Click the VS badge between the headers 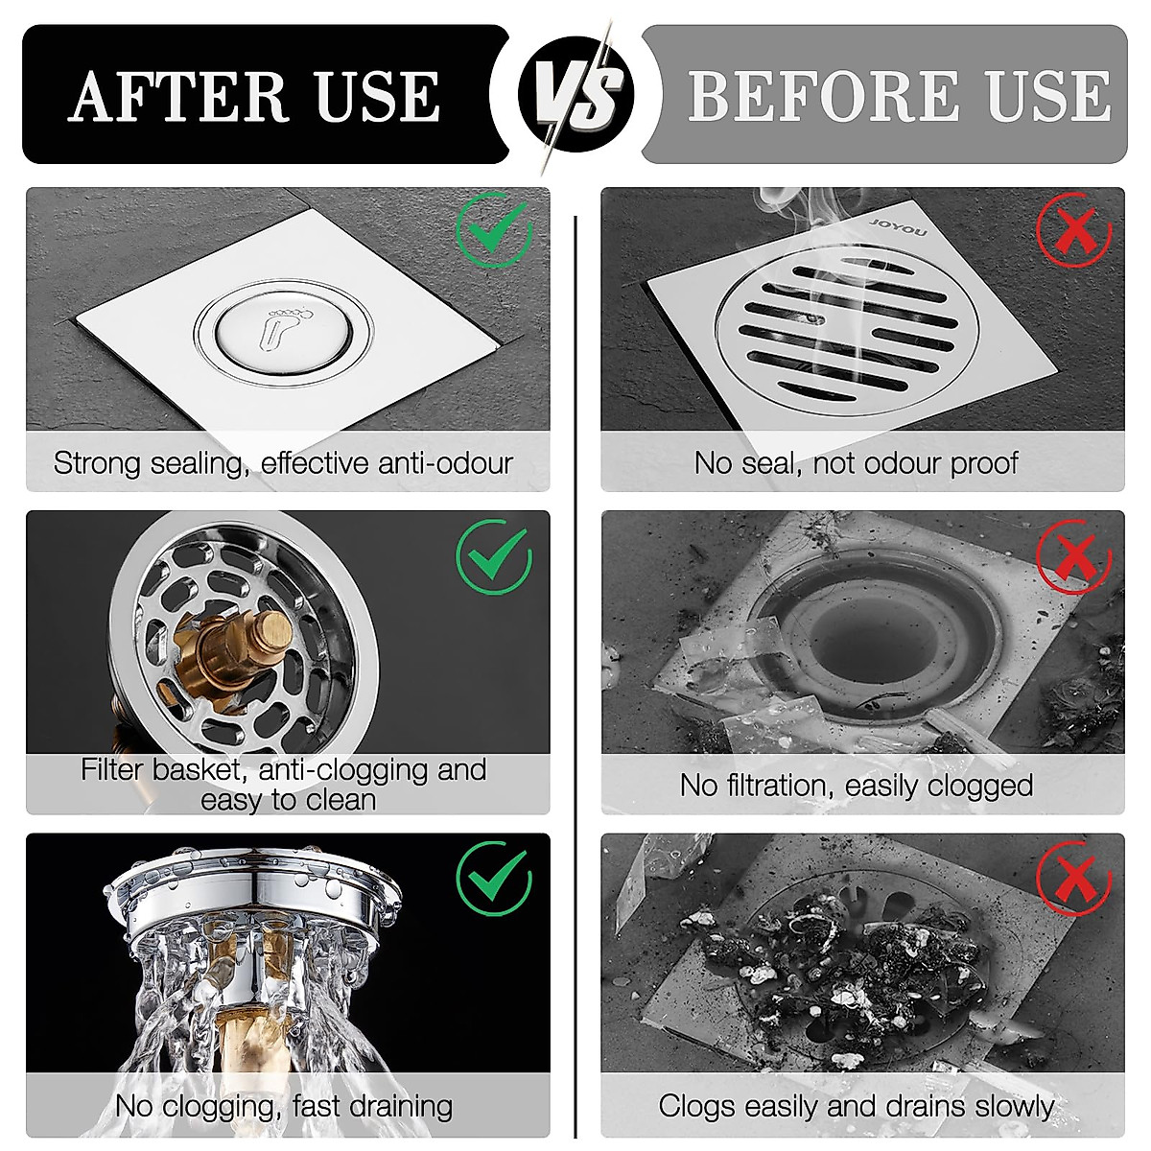click(x=575, y=94)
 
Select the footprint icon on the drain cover click(x=282, y=331)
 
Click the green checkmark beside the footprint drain click(x=494, y=228)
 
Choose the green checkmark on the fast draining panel click(x=494, y=879)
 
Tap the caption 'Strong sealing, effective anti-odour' click(x=283, y=463)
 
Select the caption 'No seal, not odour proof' click(x=856, y=463)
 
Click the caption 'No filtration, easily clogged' click(x=856, y=786)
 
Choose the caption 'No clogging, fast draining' click(x=283, y=1106)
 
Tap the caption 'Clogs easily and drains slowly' click(x=856, y=1106)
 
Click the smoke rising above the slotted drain click(x=796, y=211)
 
